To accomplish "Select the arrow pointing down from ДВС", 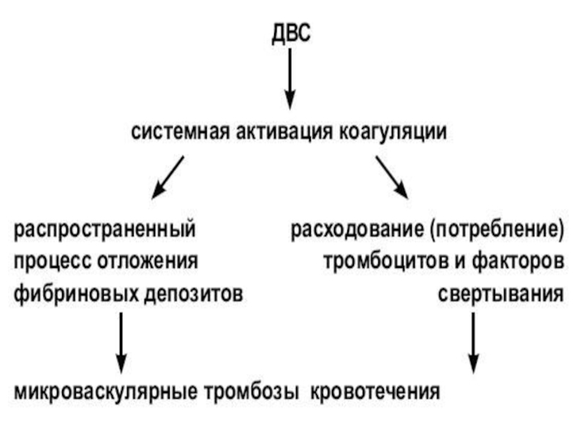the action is [x=290, y=79].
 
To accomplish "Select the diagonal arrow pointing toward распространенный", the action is [x=167, y=178].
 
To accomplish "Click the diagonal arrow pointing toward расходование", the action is [x=392, y=178].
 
